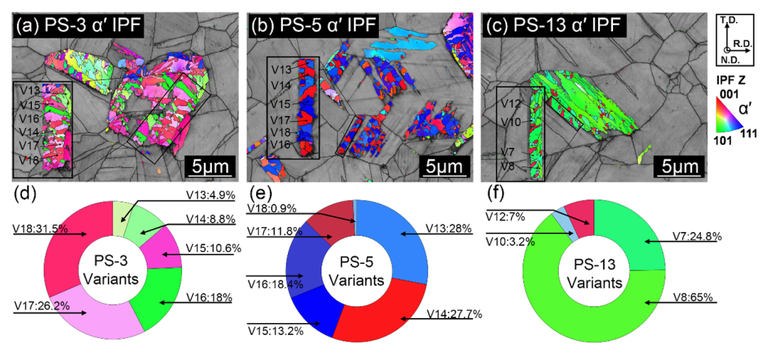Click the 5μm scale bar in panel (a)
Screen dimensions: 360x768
(x=210, y=168)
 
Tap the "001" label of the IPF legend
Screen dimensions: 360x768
(x=730, y=94)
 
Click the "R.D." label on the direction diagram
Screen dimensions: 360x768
(x=744, y=43)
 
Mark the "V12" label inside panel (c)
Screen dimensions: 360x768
(x=512, y=104)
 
